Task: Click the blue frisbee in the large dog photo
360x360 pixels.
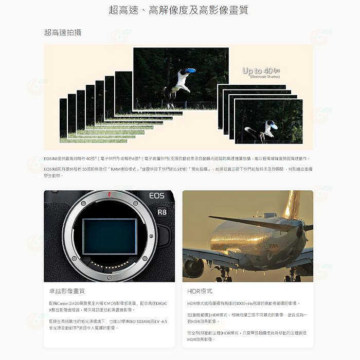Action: tap(190, 70)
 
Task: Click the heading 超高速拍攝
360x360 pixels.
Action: tap(63, 32)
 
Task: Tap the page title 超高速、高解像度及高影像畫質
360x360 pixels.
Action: tap(179, 9)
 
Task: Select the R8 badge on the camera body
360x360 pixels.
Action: tap(162, 212)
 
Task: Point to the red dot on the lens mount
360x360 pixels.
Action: tap(110, 194)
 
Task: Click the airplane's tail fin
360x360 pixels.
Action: tap(292, 204)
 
